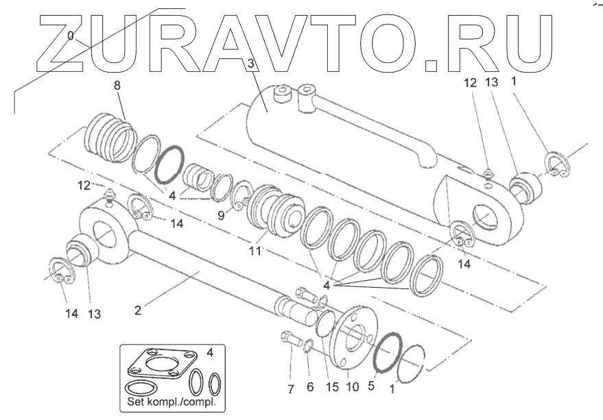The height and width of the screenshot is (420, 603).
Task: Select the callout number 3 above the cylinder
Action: (251, 64)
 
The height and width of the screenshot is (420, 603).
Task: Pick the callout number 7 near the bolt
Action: (309, 387)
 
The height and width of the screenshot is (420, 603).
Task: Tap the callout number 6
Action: (309, 387)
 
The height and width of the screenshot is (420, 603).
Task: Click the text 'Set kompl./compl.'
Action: (167, 402)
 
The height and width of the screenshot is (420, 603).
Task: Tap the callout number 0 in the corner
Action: (71, 36)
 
